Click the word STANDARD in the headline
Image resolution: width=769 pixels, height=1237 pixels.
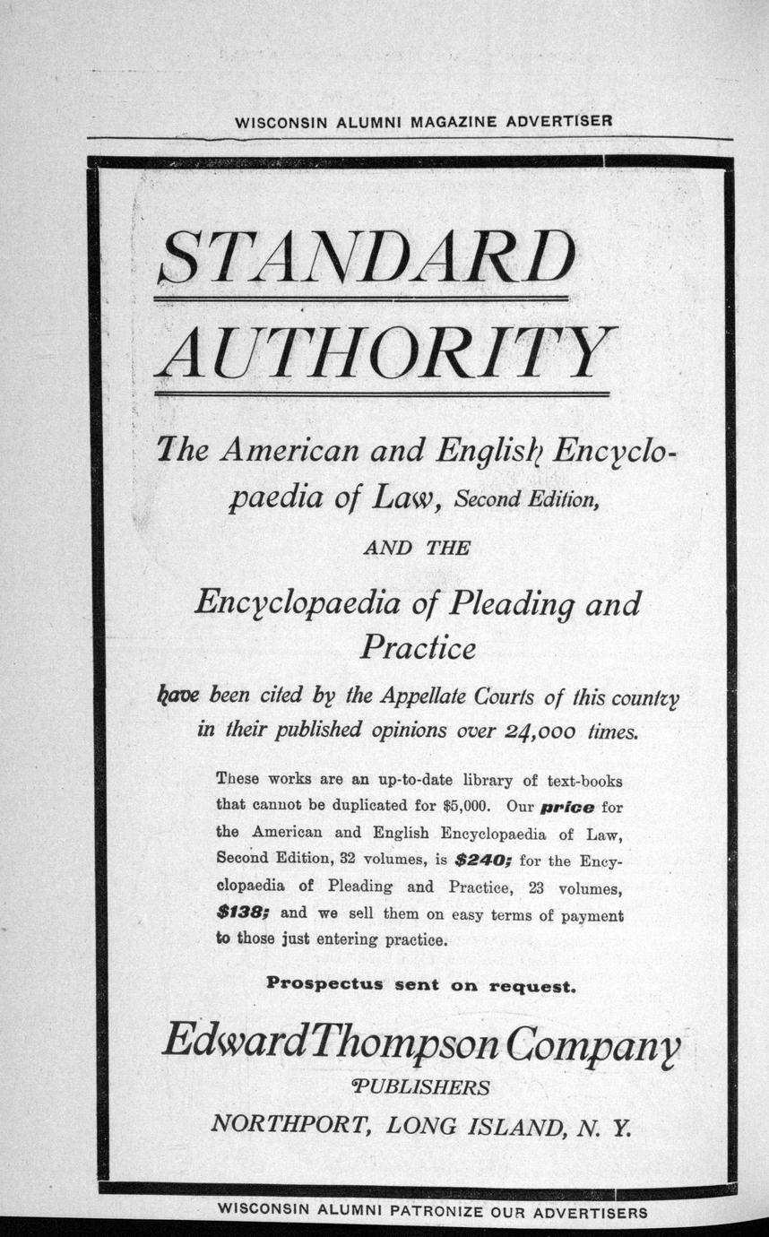[364, 256]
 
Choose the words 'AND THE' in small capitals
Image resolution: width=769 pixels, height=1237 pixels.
[416, 549]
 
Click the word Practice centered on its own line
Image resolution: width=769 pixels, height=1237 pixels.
[418, 647]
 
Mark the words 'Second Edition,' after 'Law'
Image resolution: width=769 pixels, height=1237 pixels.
[525, 500]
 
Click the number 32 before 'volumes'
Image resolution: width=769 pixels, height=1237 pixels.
[350, 859]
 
